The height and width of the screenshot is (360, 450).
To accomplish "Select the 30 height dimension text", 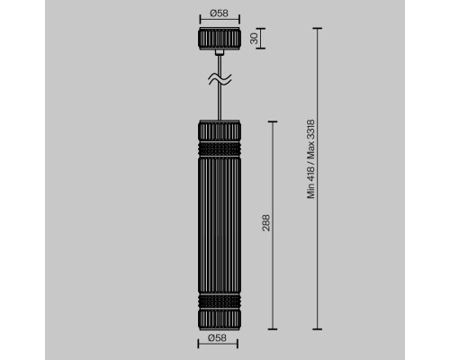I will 254,39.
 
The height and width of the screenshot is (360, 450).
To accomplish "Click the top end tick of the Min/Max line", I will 318,27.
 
